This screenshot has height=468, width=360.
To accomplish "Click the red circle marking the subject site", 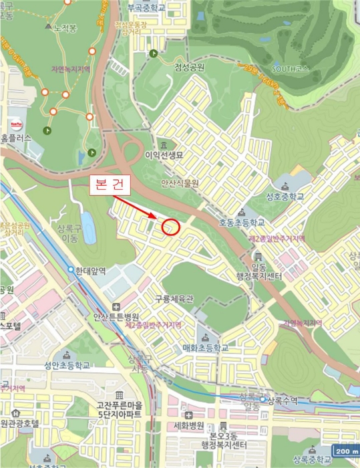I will (x=171, y=227).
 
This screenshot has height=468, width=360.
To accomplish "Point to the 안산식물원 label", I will (x=180, y=181).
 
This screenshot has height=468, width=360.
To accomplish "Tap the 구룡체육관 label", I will (x=173, y=299).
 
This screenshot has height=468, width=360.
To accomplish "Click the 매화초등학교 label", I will (x=205, y=348).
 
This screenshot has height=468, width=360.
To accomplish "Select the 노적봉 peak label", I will (x=65, y=29).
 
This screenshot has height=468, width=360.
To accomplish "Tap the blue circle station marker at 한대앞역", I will (x=71, y=269).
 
